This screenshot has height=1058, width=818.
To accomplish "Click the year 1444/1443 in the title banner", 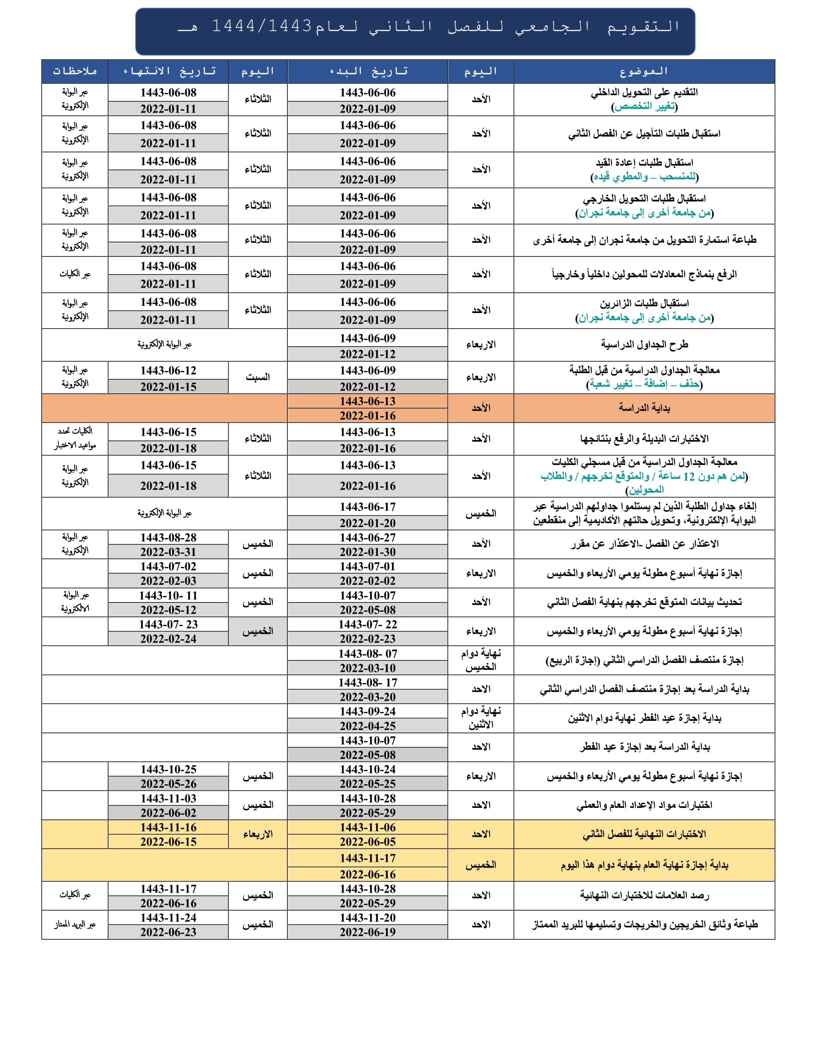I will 262,25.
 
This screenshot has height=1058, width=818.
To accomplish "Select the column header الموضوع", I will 643,72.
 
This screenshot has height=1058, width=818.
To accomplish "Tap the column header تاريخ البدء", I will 368,72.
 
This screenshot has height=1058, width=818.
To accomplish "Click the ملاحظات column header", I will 75,72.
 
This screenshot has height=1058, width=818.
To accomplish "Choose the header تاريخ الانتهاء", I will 168,72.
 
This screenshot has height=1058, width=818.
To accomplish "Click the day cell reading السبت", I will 257,378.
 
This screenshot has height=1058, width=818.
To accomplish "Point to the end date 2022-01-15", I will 168,387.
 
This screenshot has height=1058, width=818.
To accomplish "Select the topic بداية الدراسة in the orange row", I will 643,408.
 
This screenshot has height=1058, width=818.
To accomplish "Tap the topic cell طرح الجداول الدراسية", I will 643,344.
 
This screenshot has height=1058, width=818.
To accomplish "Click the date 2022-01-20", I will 367,523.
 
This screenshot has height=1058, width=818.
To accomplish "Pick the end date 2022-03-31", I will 168,552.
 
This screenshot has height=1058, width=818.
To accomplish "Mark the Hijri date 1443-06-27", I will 367,538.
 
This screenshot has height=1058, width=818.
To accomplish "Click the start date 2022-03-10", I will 367,668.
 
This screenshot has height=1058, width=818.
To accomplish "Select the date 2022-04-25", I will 367,726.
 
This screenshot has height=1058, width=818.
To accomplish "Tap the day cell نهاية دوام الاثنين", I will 480,718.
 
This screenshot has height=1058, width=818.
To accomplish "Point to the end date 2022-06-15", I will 168,842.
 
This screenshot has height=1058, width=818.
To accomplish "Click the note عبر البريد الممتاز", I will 75,924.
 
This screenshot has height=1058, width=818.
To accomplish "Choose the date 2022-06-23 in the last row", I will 168,932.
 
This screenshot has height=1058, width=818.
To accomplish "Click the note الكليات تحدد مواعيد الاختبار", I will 75,438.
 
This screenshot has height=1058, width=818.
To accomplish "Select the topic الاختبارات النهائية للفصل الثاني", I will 643,834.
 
